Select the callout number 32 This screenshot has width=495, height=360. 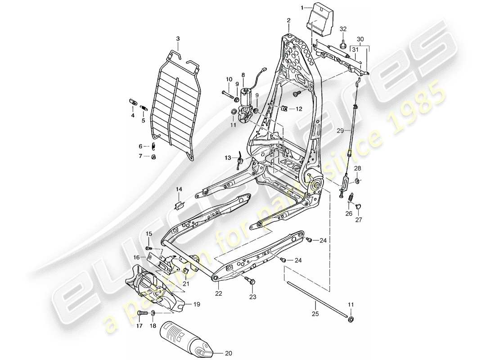pyautogui.click(x=343, y=29)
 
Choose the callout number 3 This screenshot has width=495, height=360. pyautogui.click(x=178, y=39)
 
